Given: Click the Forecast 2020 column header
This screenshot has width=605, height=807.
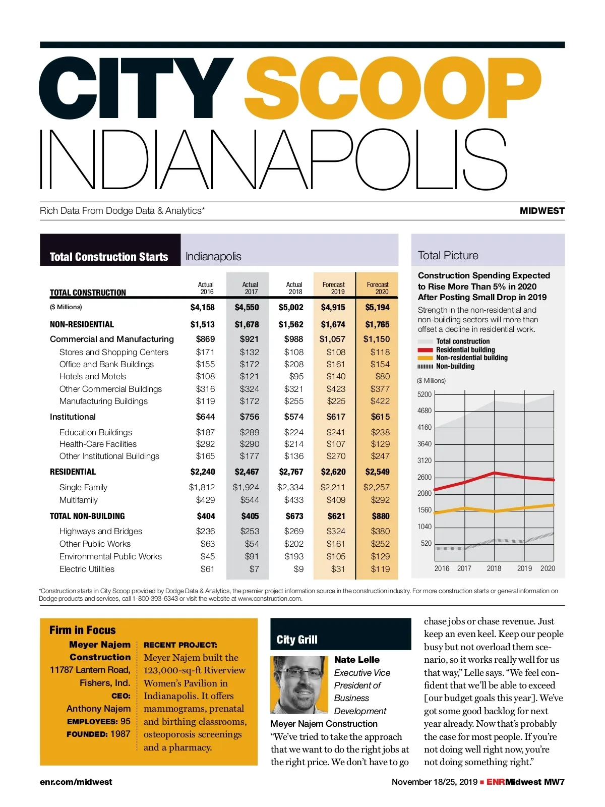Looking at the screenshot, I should [x=378, y=288].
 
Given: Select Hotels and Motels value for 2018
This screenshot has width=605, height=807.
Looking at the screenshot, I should [x=296, y=376].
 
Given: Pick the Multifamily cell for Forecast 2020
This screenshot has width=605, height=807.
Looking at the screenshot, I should [x=380, y=500].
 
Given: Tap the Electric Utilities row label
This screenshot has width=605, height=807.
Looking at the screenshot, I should [x=87, y=569].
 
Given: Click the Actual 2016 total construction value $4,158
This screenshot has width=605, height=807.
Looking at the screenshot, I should [x=202, y=307].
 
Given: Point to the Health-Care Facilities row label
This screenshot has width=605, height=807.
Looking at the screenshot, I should [x=98, y=444].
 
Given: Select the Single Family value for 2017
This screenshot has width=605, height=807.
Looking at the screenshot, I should [x=246, y=487].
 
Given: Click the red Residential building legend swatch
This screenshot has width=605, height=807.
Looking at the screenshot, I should [x=425, y=350].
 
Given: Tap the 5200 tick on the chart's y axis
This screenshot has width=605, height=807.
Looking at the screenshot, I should [x=425, y=394].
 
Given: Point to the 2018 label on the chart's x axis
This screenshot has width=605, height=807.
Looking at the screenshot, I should [x=494, y=568].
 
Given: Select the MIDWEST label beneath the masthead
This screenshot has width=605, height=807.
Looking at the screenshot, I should [x=542, y=211].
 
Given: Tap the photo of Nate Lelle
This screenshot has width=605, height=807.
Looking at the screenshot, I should [x=298, y=684].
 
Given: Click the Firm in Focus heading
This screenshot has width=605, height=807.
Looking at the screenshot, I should [x=83, y=630].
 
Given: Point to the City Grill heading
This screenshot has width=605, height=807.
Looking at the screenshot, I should [x=297, y=640].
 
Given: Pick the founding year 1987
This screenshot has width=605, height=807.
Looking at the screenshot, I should [x=120, y=734].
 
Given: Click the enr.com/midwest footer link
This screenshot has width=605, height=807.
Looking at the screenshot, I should [x=76, y=782].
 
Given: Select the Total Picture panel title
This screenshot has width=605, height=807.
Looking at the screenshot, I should [x=448, y=255].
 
